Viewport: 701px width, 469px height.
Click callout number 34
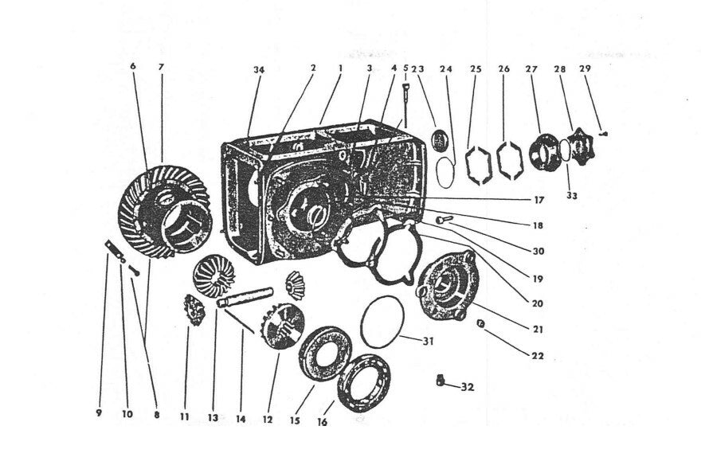(x=258, y=71)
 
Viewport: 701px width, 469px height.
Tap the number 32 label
(x=468, y=387)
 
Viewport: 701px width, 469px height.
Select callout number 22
(x=538, y=356)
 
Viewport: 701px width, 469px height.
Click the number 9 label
(x=100, y=413)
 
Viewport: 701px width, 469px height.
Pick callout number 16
(x=322, y=422)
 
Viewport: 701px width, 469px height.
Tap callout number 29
(x=585, y=70)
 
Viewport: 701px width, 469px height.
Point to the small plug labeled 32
(x=440, y=381)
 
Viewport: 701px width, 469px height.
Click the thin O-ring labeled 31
(x=382, y=320)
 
